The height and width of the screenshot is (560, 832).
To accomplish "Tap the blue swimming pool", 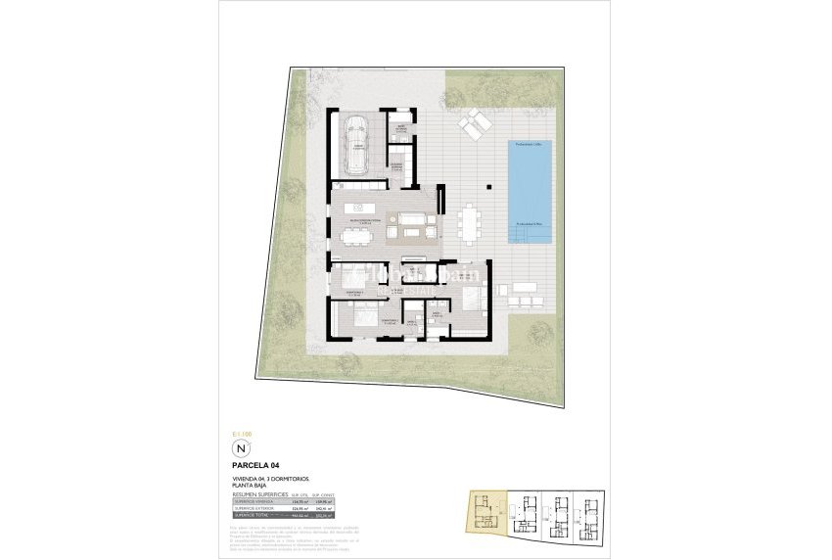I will [x=530, y=193].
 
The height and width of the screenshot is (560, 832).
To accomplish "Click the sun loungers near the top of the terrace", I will [x=475, y=124].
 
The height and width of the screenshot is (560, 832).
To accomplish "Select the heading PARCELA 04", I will [x=256, y=464].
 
